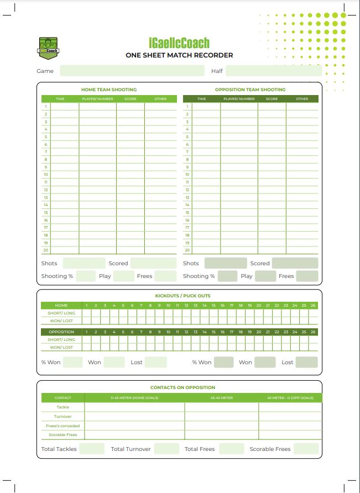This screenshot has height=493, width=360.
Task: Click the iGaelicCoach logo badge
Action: (49, 46)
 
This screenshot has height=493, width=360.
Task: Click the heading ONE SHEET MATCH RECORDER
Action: (179, 55)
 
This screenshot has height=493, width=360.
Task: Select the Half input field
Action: (273, 71)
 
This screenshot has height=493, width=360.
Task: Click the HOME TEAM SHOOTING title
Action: (109, 90)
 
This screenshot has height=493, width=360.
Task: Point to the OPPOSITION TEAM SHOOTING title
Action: (251, 90)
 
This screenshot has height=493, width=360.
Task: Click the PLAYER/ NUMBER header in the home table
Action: (97, 99)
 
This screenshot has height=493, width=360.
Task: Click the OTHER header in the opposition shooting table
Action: (302, 99)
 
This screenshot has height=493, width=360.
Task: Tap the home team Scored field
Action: (153, 263)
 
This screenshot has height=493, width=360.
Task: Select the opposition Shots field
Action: (226, 263)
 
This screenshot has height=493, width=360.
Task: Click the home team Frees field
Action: (165, 276)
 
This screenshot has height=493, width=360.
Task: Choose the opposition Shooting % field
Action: (227, 276)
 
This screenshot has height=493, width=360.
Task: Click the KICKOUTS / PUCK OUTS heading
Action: (179, 296)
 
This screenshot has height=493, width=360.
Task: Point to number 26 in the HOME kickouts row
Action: (313, 305)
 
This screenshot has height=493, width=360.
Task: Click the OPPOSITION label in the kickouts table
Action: (62, 332)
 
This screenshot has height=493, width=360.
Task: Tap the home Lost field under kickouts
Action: (156, 362)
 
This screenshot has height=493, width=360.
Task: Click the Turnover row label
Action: (62, 416)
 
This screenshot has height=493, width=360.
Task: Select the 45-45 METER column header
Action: (221, 398)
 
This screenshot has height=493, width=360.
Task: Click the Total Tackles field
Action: (92, 449)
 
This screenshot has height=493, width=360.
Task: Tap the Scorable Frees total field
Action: (306, 449)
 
